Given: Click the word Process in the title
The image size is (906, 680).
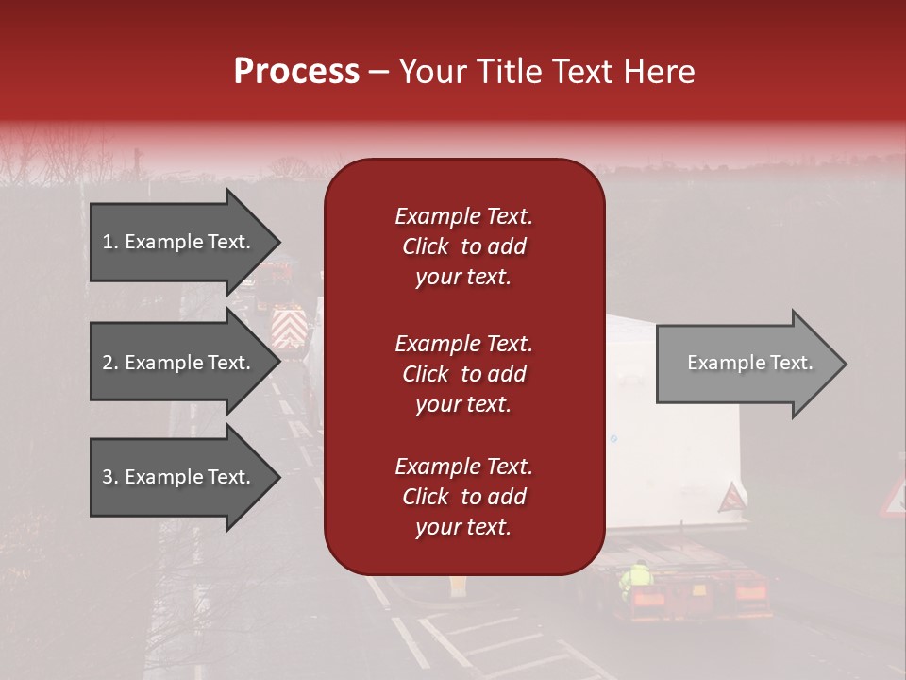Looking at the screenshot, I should [x=296, y=72].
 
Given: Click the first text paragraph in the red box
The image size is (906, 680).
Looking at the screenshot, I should [x=463, y=246].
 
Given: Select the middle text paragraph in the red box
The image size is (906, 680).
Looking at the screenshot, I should [x=463, y=374].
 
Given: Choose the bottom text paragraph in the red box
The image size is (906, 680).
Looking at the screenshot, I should [x=463, y=497].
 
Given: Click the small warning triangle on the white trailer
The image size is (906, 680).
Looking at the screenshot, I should [x=732, y=497].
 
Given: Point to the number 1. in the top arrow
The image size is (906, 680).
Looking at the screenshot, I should [x=110, y=242].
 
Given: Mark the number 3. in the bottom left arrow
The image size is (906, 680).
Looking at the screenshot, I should [x=110, y=477].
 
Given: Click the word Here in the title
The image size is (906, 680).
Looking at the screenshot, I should [x=661, y=72].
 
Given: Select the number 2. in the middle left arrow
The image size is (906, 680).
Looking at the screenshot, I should [x=110, y=363].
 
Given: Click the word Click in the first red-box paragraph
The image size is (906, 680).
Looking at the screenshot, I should [x=426, y=246].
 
